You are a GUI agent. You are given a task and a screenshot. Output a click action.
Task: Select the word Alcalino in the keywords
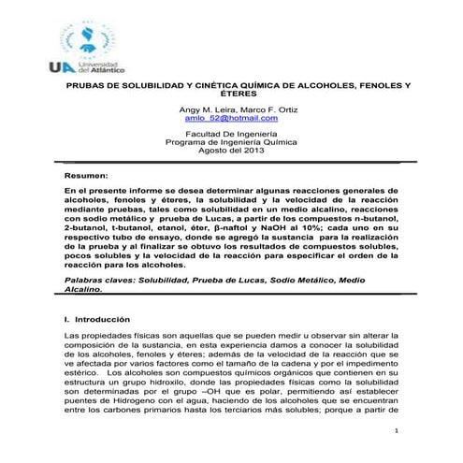[82, 289]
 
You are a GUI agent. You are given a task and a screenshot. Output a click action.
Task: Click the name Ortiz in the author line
[282, 109]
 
